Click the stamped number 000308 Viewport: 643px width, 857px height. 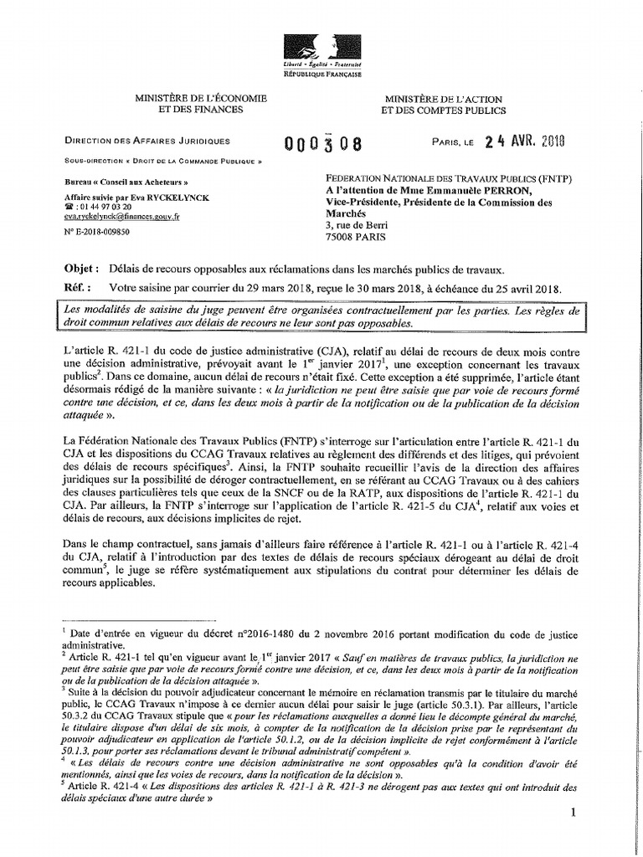(322, 143)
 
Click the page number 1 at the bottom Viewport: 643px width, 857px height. (573, 813)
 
